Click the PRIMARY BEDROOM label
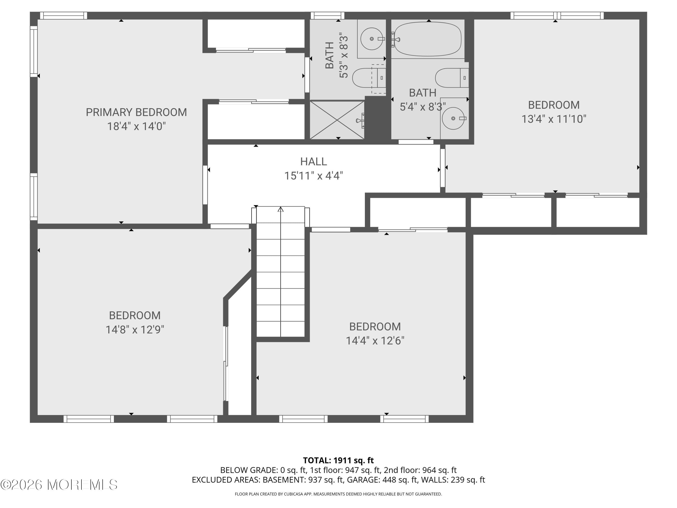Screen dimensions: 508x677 pyautogui.click(x=136, y=112)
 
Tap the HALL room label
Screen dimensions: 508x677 pyautogui.click(x=313, y=161)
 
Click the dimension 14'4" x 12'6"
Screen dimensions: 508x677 pyautogui.click(x=375, y=340)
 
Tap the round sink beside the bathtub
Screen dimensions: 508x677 pyautogui.click(x=371, y=39)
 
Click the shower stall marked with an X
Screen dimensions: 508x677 pyautogui.click(x=337, y=120)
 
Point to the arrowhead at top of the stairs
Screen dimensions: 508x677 pyautogui.click(x=281, y=210)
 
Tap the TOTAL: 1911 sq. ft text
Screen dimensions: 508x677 pyautogui.click(x=338, y=460)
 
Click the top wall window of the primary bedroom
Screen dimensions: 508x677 pyautogui.click(x=64, y=15)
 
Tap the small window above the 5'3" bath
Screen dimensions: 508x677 pyautogui.click(x=327, y=15)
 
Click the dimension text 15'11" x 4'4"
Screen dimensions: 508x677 pyautogui.click(x=313, y=176)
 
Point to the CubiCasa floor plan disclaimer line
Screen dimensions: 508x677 pyautogui.click(x=338, y=494)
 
